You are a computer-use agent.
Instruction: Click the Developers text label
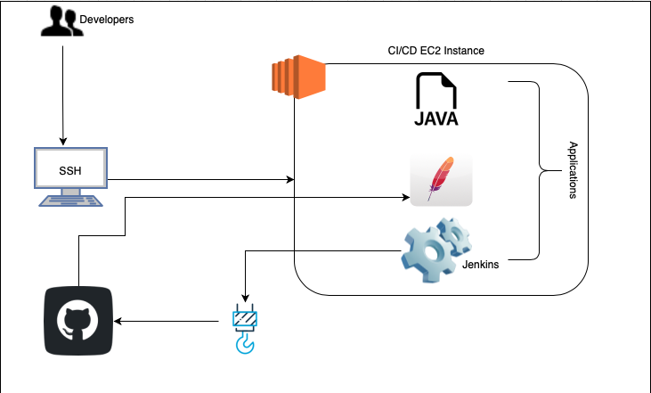(106, 20)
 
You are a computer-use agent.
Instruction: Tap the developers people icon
(61, 20)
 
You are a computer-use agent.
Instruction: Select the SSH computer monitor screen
(70, 168)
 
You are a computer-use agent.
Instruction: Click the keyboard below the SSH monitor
(70, 201)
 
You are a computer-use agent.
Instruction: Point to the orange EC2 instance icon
(298, 77)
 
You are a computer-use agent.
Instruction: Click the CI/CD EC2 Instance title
(436, 51)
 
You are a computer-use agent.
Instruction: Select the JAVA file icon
(436, 99)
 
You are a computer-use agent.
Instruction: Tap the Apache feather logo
(441, 179)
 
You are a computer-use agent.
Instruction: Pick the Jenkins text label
(480, 264)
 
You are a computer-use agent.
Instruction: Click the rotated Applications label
(573, 170)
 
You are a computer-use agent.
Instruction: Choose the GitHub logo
(78, 321)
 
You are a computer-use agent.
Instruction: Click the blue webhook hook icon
(245, 329)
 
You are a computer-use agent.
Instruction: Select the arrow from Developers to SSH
(63, 95)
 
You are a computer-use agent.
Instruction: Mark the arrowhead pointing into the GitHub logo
(118, 321)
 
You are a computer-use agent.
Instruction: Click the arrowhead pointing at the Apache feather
(406, 197)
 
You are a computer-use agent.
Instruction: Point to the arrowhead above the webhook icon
(246, 299)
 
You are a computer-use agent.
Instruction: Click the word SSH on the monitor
(70, 171)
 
